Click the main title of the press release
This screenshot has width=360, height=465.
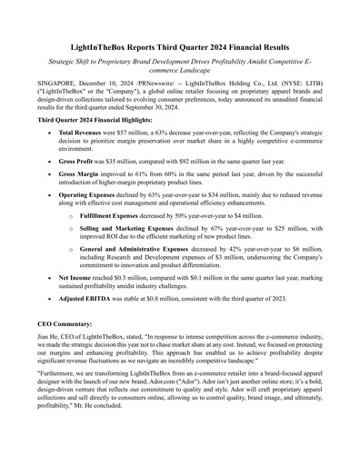click(180, 45)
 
